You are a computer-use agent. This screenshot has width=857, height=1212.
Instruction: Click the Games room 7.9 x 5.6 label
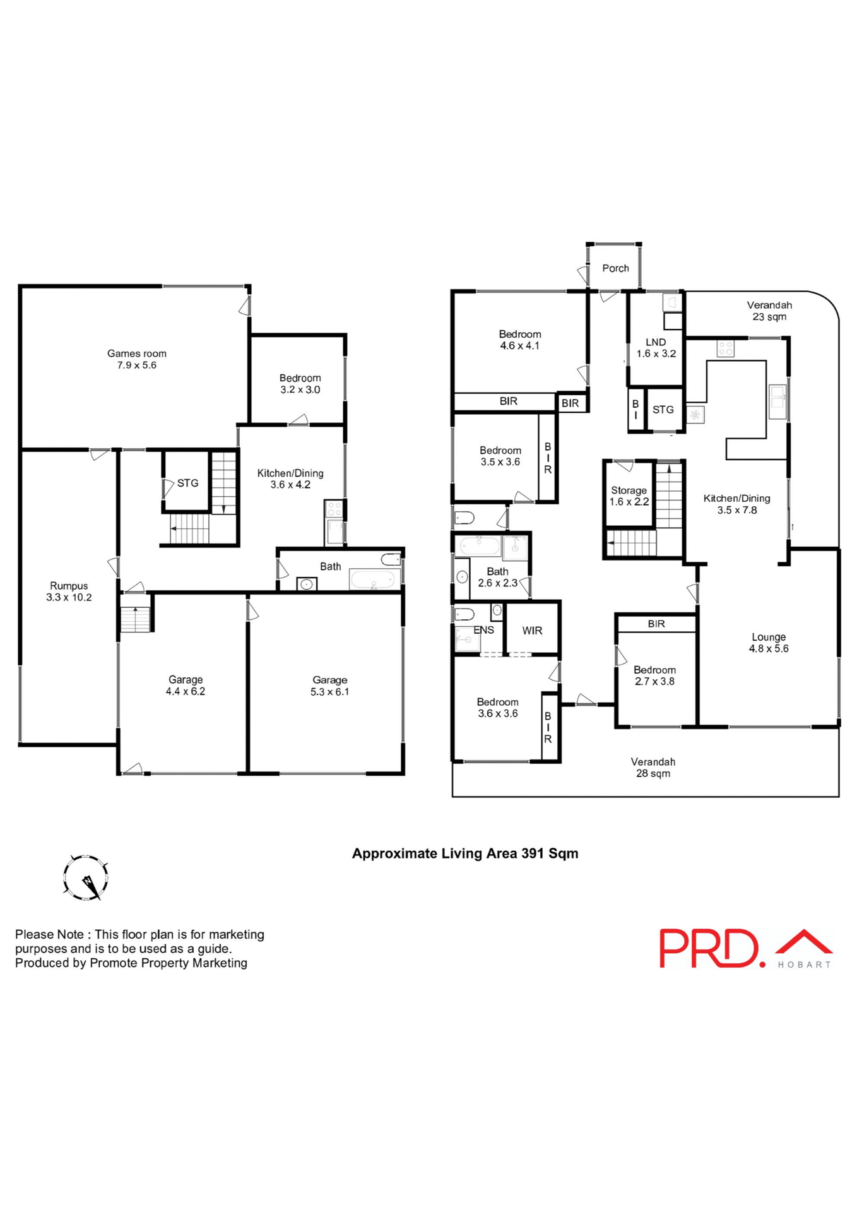(136, 359)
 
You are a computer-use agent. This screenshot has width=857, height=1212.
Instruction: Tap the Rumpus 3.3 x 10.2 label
(69, 591)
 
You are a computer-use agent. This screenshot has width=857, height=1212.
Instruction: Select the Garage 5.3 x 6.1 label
(329, 686)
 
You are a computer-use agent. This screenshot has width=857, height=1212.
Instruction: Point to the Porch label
(615, 268)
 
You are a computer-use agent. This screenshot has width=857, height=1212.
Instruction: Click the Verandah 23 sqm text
(769, 311)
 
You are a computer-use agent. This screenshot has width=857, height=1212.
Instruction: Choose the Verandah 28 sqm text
(653, 768)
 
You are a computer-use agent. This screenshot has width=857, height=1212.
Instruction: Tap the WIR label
(532, 631)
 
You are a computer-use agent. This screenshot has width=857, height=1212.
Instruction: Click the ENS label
(483, 630)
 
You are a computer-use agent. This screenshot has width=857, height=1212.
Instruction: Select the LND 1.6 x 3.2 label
(656, 348)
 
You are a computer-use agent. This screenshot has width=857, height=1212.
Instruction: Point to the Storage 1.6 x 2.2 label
(629, 496)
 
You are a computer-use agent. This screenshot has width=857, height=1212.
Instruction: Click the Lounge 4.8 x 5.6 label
(768, 643)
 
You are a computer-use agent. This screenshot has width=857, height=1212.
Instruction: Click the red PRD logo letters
(708, 948)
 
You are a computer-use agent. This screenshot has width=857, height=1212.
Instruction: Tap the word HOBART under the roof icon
(804, 965)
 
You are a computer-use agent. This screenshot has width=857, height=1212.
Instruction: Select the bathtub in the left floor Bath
(375, 579)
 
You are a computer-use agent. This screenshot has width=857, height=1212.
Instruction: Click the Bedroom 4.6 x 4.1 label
(519, 340)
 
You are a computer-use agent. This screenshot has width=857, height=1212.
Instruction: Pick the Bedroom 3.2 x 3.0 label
(300, 384)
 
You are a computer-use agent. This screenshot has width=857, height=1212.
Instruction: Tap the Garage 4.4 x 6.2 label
(185, 686)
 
